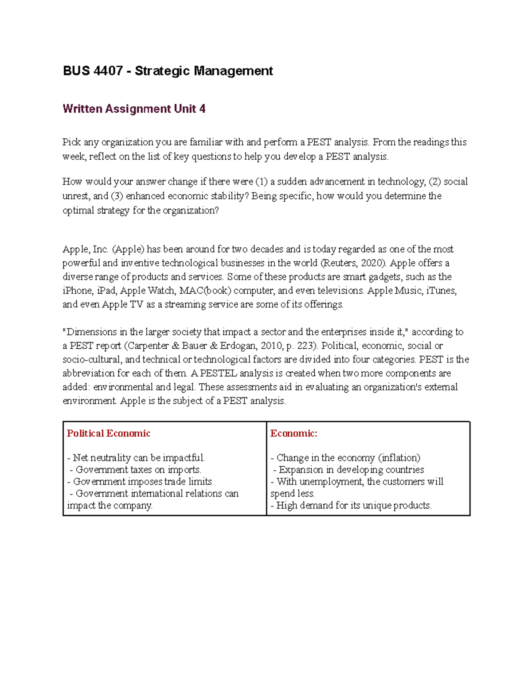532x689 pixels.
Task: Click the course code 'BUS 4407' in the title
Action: coord(92,71)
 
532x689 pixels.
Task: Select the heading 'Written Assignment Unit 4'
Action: coord(134,109)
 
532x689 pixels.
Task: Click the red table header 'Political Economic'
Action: coord(109,433)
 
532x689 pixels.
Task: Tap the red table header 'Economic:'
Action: coord(293,433)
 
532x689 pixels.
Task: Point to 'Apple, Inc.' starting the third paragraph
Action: coord(86,249)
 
